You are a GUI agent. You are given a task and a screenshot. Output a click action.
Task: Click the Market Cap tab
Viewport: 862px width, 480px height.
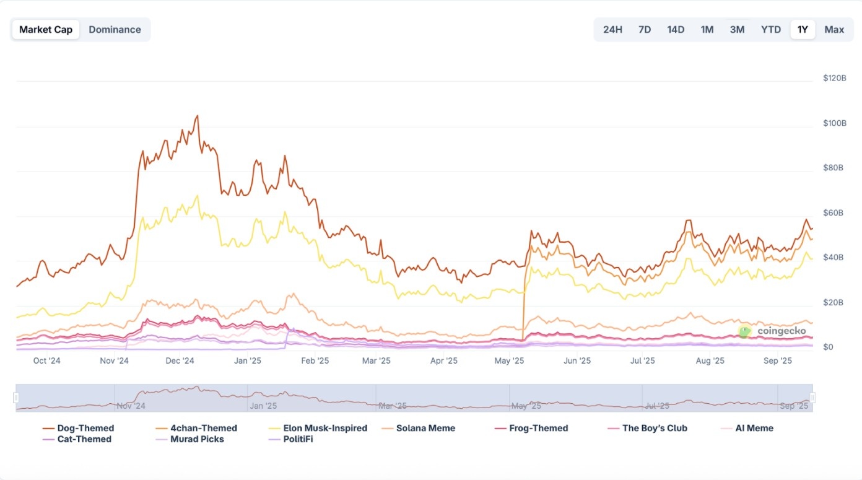46,30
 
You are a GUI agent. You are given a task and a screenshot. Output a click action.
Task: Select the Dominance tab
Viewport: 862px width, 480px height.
115,30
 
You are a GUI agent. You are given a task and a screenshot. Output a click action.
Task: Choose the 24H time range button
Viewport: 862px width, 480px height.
612,30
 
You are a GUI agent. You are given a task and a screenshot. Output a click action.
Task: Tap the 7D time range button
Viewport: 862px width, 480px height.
645,30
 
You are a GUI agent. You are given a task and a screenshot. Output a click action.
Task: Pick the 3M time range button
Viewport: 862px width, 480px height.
737,30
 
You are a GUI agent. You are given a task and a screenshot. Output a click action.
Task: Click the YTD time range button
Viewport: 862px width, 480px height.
771,30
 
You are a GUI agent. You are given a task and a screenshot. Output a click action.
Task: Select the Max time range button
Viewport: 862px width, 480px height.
834,30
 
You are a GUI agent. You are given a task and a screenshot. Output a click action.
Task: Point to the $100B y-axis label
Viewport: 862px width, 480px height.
835,123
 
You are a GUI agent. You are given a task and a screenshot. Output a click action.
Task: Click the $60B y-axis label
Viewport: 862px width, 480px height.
833,213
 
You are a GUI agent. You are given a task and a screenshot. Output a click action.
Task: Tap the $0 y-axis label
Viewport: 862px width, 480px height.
828,347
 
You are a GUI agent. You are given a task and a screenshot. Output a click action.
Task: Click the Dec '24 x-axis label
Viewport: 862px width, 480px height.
180,360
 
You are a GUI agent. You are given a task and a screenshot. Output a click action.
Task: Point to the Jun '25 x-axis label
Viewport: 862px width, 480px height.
577,360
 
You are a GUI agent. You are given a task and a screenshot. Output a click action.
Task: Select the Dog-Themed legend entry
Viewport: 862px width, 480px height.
78,428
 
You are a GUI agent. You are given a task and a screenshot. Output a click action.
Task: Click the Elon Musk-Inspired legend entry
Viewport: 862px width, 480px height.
318,428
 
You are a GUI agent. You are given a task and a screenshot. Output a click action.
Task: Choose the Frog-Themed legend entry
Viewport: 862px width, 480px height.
531,428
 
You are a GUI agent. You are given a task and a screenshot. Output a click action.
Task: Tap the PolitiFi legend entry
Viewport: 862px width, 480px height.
290,439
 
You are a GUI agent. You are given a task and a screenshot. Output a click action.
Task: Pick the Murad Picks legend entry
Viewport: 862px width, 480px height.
189,439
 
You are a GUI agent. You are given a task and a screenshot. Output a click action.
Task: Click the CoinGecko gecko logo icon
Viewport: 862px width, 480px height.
745,331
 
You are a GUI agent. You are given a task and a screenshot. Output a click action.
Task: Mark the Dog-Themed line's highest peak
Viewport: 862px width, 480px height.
198,115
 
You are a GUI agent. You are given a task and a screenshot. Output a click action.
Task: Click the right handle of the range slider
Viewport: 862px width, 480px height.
812,398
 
